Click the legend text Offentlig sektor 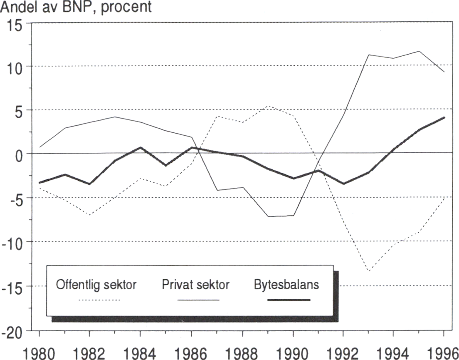coord(96,285)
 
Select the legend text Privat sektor coord(195,285)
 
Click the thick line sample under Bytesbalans coord(288,300)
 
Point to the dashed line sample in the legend coord(99,300)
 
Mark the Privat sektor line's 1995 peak coord(419,51)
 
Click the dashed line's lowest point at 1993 coord(368,271)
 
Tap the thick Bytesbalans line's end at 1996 coord(444,117)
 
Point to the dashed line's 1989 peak coord(269,106)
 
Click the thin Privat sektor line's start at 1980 coord(39,147)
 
